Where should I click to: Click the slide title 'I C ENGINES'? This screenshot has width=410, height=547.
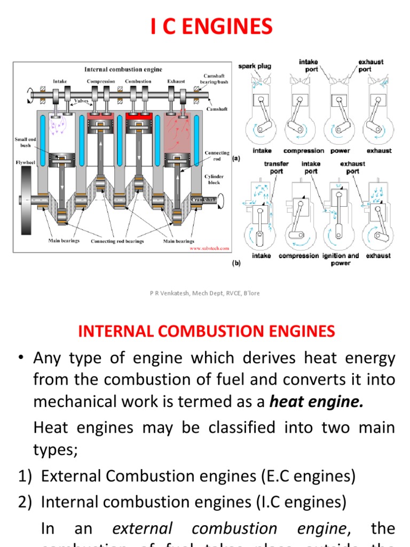211,27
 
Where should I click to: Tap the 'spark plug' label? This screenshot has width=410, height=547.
255,66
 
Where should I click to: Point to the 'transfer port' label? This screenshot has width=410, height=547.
276,168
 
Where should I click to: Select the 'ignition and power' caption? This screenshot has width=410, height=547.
341,260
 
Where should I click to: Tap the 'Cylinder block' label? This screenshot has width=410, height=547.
214,179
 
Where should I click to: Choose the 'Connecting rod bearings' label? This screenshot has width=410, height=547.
117,241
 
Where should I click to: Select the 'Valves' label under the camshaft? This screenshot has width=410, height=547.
81,100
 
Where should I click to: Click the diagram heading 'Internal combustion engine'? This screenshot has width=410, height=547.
123,69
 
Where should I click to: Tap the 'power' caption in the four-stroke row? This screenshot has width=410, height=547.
340,151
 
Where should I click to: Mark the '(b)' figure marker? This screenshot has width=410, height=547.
236,263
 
